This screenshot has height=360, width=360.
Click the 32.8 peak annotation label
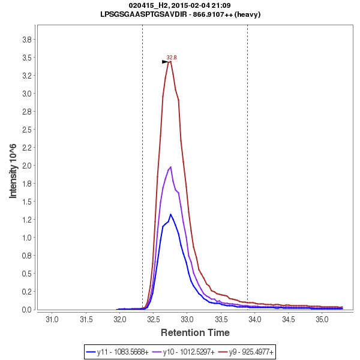pyautogui.click(x=172, y=58)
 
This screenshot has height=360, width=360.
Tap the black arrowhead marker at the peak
pyautogui.click(x=165, y=62)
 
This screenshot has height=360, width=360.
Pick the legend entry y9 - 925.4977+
pyautogui.click(x=245, y=351)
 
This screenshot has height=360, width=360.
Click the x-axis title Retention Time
pyautogui.click(x=194, y=332)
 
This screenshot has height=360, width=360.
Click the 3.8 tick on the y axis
pyautogui.click(x=26, y=40)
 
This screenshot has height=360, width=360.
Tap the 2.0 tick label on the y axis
pyautogui.click(x=26, y=166)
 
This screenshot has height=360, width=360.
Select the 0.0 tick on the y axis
pyautogui.click(x=26, y=310)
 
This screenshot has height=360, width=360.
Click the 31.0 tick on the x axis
pyautogui.click(x=52, y=318)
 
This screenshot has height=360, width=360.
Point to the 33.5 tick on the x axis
pyautogui.click(x=221, y=318)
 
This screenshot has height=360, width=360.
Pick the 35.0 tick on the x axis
pyautogui.click(x=322, y=318)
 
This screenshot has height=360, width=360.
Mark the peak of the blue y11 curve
pyautogui.click(x=170, y=214)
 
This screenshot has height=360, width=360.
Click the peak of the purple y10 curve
pyautogui.click(x=171, y=167)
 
